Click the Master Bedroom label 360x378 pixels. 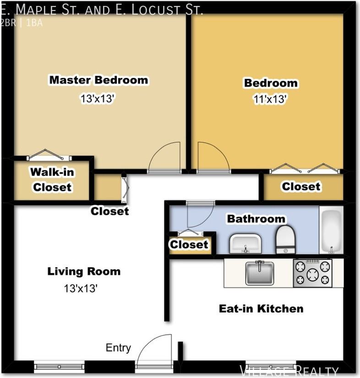[98, 80]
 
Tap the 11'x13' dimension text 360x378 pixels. [270, 99]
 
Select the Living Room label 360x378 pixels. [84, 271]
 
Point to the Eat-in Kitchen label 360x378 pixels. [261, 308]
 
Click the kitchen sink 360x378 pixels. [260, 273]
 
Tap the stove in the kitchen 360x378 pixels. [312, 273]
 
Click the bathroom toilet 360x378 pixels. [285, 239]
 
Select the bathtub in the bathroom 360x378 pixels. [331, 230]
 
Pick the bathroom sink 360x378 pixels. [245, 243]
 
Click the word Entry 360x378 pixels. [118, 348]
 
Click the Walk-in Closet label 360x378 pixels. [52, 180]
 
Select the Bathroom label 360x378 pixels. [256, 219]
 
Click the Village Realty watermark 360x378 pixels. [289, 371]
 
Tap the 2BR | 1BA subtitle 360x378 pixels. [22, 23]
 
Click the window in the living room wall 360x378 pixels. [59, 367]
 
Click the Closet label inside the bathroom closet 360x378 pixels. [189, 245]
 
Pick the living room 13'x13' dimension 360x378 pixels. [81, 288]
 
